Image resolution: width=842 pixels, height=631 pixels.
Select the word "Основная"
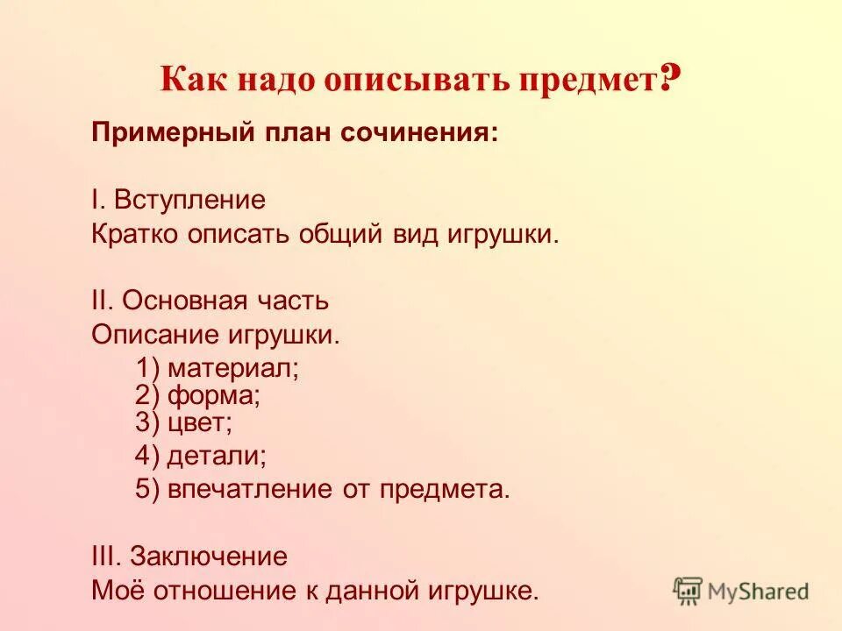tap(180, 301)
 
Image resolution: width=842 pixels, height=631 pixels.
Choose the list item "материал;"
tap(233, 366)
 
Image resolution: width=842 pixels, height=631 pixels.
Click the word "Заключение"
tap(209, 557)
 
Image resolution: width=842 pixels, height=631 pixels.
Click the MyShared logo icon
tap(689, 592)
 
